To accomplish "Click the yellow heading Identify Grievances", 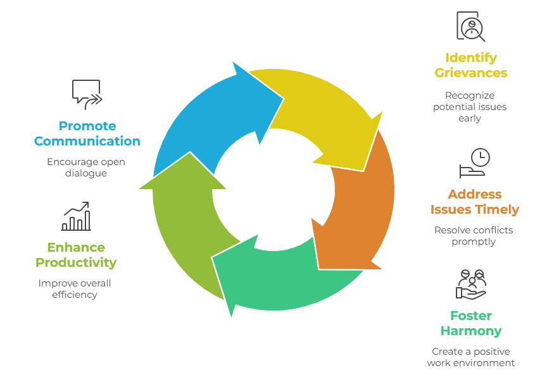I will [x=470, y=65].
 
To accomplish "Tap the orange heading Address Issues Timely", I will [x=474, y=202].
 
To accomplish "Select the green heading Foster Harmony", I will [x=470, y=323].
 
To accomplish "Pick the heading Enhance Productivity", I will [x=76, y=255].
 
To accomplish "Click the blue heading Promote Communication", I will [x=87, y=133].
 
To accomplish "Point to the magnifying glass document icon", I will [x=470, y=27].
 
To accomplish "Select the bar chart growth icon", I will [x=76, y=216].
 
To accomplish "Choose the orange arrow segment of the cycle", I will [x=358, y=202].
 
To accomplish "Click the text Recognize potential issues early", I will [x=470, y=107].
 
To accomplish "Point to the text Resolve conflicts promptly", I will [x=474, y=236].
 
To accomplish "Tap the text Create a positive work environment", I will [x=470, y=357].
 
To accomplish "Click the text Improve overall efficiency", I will [x=75, y=289].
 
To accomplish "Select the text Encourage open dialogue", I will [x=86, y=168].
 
